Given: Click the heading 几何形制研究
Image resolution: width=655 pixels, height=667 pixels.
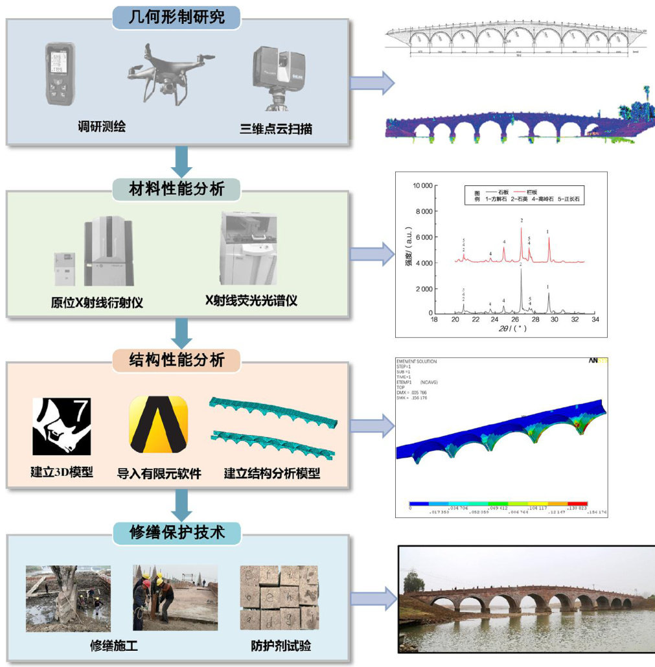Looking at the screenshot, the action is (x=178, y=16).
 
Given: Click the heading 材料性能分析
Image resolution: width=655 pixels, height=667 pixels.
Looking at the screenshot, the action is (x=178, y=189).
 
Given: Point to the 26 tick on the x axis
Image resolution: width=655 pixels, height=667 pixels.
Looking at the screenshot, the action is (x=515, y=320).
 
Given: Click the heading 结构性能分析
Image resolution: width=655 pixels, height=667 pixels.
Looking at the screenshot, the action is (x=178, y=359).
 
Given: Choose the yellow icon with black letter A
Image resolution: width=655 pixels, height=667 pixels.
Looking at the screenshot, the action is (x=159, y=425).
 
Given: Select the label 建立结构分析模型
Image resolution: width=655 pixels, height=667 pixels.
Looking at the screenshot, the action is (x=272, y=473).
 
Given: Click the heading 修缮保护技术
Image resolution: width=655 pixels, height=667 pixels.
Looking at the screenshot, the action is (x=178, y=533).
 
